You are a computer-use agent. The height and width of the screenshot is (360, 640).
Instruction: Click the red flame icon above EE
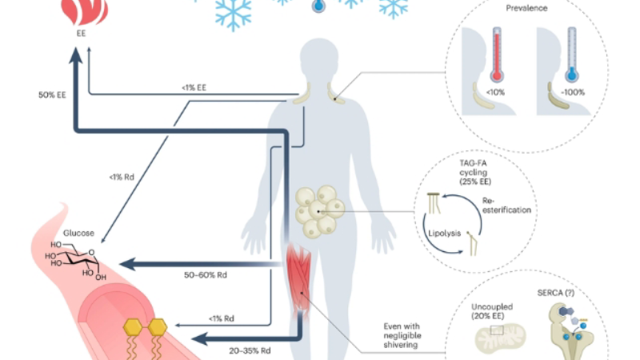pyautogui.click(x=85, y=11)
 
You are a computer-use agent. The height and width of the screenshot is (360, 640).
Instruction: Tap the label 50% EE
pyautogui.click(x=52, y=94)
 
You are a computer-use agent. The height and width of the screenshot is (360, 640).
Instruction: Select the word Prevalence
pyautogui.click(x=526, y=8)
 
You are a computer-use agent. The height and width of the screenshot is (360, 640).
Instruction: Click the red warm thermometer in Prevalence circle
pyautogui.click(x=497, y=54)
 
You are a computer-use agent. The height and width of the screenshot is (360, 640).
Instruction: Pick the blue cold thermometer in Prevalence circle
pyautogui.click(x=572, y=54)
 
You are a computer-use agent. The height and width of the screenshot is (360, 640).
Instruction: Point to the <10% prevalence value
pyautogui.click(x=495, y=92)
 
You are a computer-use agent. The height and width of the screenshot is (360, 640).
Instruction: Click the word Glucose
pyautogui.click(x=78, y=233)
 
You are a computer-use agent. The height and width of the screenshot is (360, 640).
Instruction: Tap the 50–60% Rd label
pyautogui.click(x=206, y=275)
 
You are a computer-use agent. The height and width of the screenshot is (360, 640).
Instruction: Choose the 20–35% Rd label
pyautogui.click(x=250, y=350)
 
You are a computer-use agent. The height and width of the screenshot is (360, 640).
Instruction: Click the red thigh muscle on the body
pyautogui.click(x=299, y=282)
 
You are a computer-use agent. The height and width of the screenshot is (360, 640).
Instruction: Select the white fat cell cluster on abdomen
pyautogui.click(x=319, y=211)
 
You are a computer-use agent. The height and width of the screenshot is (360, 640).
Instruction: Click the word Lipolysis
pyautogui.click(x=445, y=234)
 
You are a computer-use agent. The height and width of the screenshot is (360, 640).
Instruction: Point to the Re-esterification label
pyautogui.click(x=506, y=206)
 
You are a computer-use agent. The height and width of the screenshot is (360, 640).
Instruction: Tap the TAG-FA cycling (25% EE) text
pyautogui.click(x=475, y=172)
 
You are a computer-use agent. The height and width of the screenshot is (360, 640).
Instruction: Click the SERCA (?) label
pyautogui.click(x=556, y=293)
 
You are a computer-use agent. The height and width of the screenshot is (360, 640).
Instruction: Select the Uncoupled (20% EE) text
pyautogui.click(x=492, y=311)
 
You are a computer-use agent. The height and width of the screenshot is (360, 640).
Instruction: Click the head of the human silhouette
pyautogui.click(x=318, y=57)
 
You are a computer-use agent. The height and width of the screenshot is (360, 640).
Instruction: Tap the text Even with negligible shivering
pyautogui.click(x=402, y=335)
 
